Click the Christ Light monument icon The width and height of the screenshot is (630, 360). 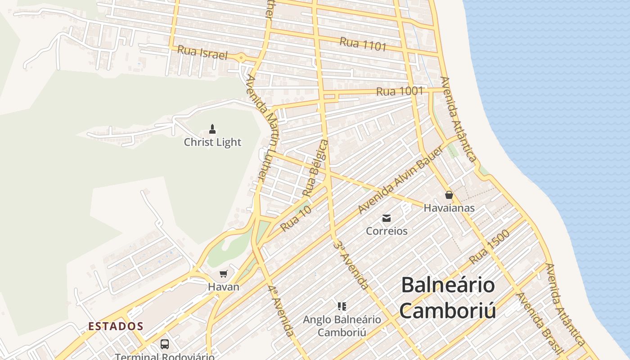point(212,130)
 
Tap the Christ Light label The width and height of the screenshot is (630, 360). point(212,142)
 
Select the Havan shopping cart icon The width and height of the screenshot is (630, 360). point(223,274)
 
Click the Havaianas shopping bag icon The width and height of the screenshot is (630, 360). point(449,195)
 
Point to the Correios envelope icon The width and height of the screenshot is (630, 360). point(387,219)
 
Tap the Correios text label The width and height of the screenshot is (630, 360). point(387,231)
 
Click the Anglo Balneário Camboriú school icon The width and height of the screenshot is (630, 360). point(342,307)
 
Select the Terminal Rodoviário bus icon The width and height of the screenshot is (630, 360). point(165,344)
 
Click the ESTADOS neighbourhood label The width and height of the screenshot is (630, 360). point(116,326)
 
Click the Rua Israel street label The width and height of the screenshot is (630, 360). point(202,53)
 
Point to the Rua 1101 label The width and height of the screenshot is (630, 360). point(363,44)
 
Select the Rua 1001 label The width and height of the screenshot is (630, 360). point(400,91)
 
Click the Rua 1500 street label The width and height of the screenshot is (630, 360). point(489,247)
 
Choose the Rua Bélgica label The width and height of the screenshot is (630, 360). point(315,168)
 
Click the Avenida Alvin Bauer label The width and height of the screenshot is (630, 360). point(400,180)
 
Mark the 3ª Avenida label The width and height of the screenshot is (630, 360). point(352,265)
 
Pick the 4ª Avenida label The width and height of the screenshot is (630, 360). point(281,310)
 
